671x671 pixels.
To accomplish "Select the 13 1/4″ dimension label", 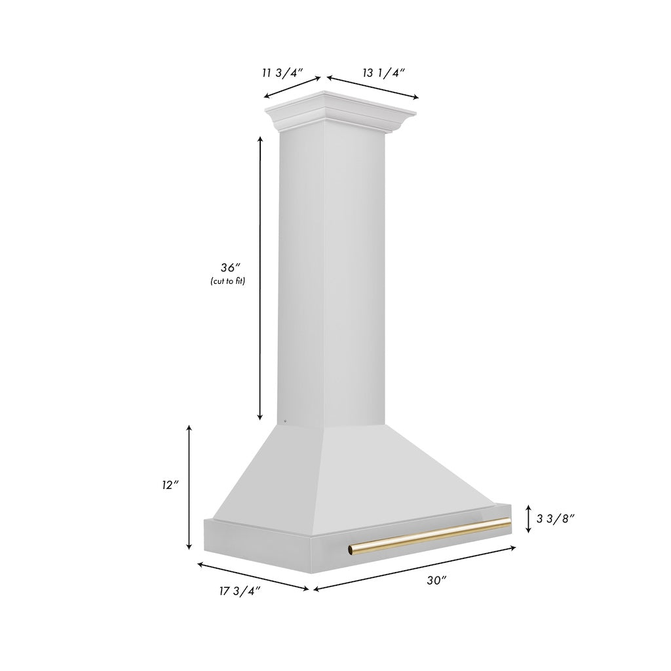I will (x=384, y=73).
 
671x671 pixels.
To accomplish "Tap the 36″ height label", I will (x=231, y=267).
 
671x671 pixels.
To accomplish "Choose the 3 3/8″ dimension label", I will (x=556, y=518).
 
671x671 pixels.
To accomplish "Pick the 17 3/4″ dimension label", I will (x=240, y=591).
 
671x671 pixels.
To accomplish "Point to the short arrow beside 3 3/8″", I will (x=528, y=518).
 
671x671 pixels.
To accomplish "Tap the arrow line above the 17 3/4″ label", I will (x=253, y=575).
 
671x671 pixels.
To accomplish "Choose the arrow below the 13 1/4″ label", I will (x=372, y=88).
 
